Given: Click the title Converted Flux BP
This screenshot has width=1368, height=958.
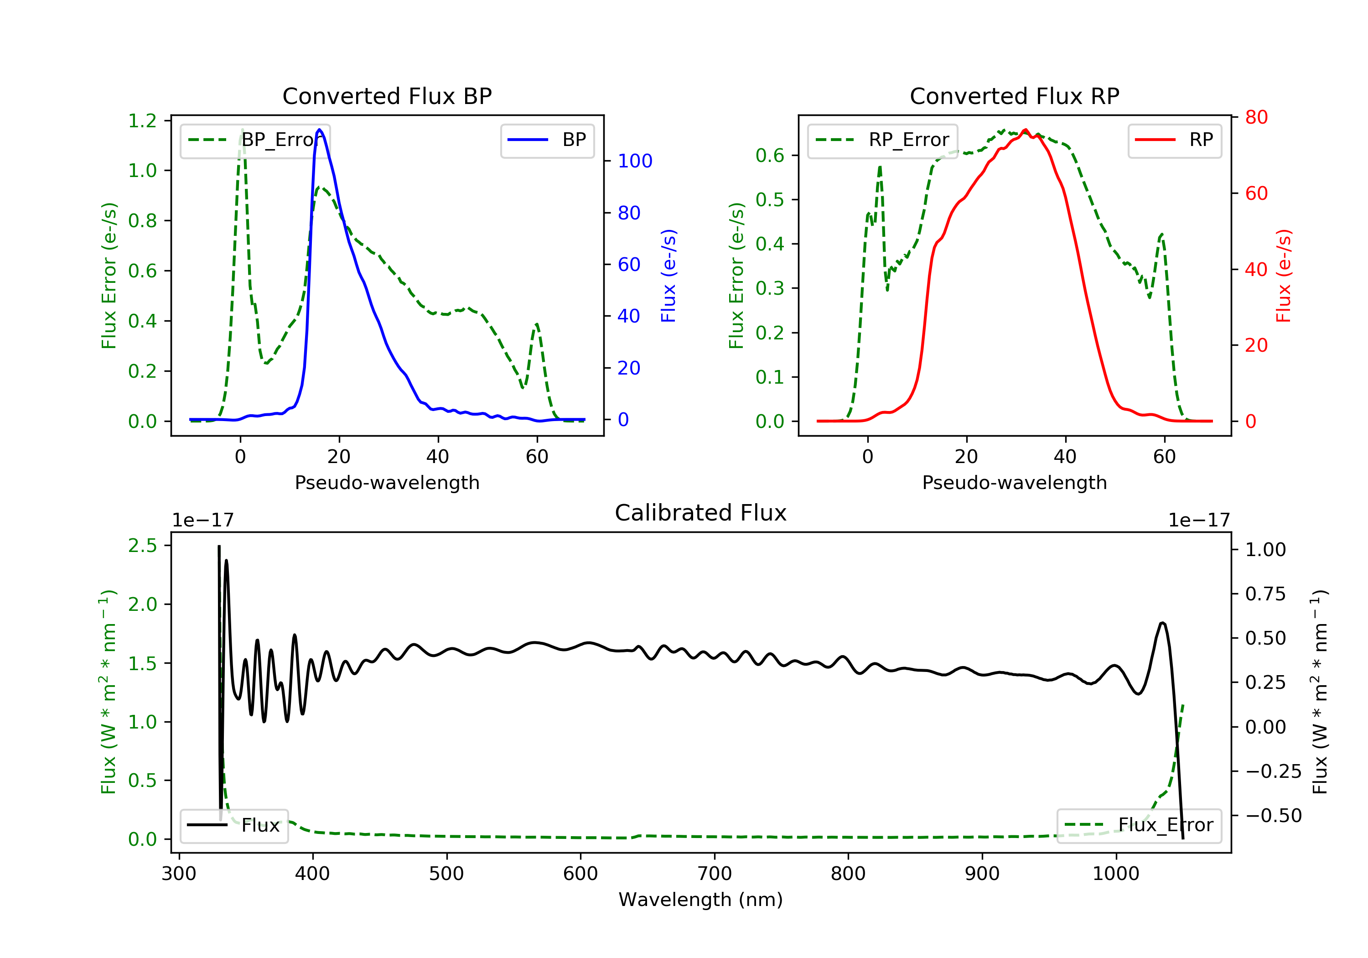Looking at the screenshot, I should point(387,96).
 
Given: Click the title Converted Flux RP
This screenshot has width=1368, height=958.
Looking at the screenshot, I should point(1014,96).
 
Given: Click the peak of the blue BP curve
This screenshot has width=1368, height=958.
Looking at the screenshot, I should point(320,130).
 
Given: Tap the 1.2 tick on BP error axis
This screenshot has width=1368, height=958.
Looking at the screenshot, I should point(142,121).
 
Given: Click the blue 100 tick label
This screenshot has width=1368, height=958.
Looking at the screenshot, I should point(635,161).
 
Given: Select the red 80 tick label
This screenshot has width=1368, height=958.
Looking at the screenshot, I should point(1256,117).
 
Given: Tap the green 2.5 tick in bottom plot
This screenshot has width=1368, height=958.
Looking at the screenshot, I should point(142,546).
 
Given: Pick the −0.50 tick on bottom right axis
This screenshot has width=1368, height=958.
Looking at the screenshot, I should point(1273,816).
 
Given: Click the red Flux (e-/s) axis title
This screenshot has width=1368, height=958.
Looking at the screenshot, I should point(1283,276).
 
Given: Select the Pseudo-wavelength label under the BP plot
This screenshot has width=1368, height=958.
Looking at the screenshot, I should point(387,482).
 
